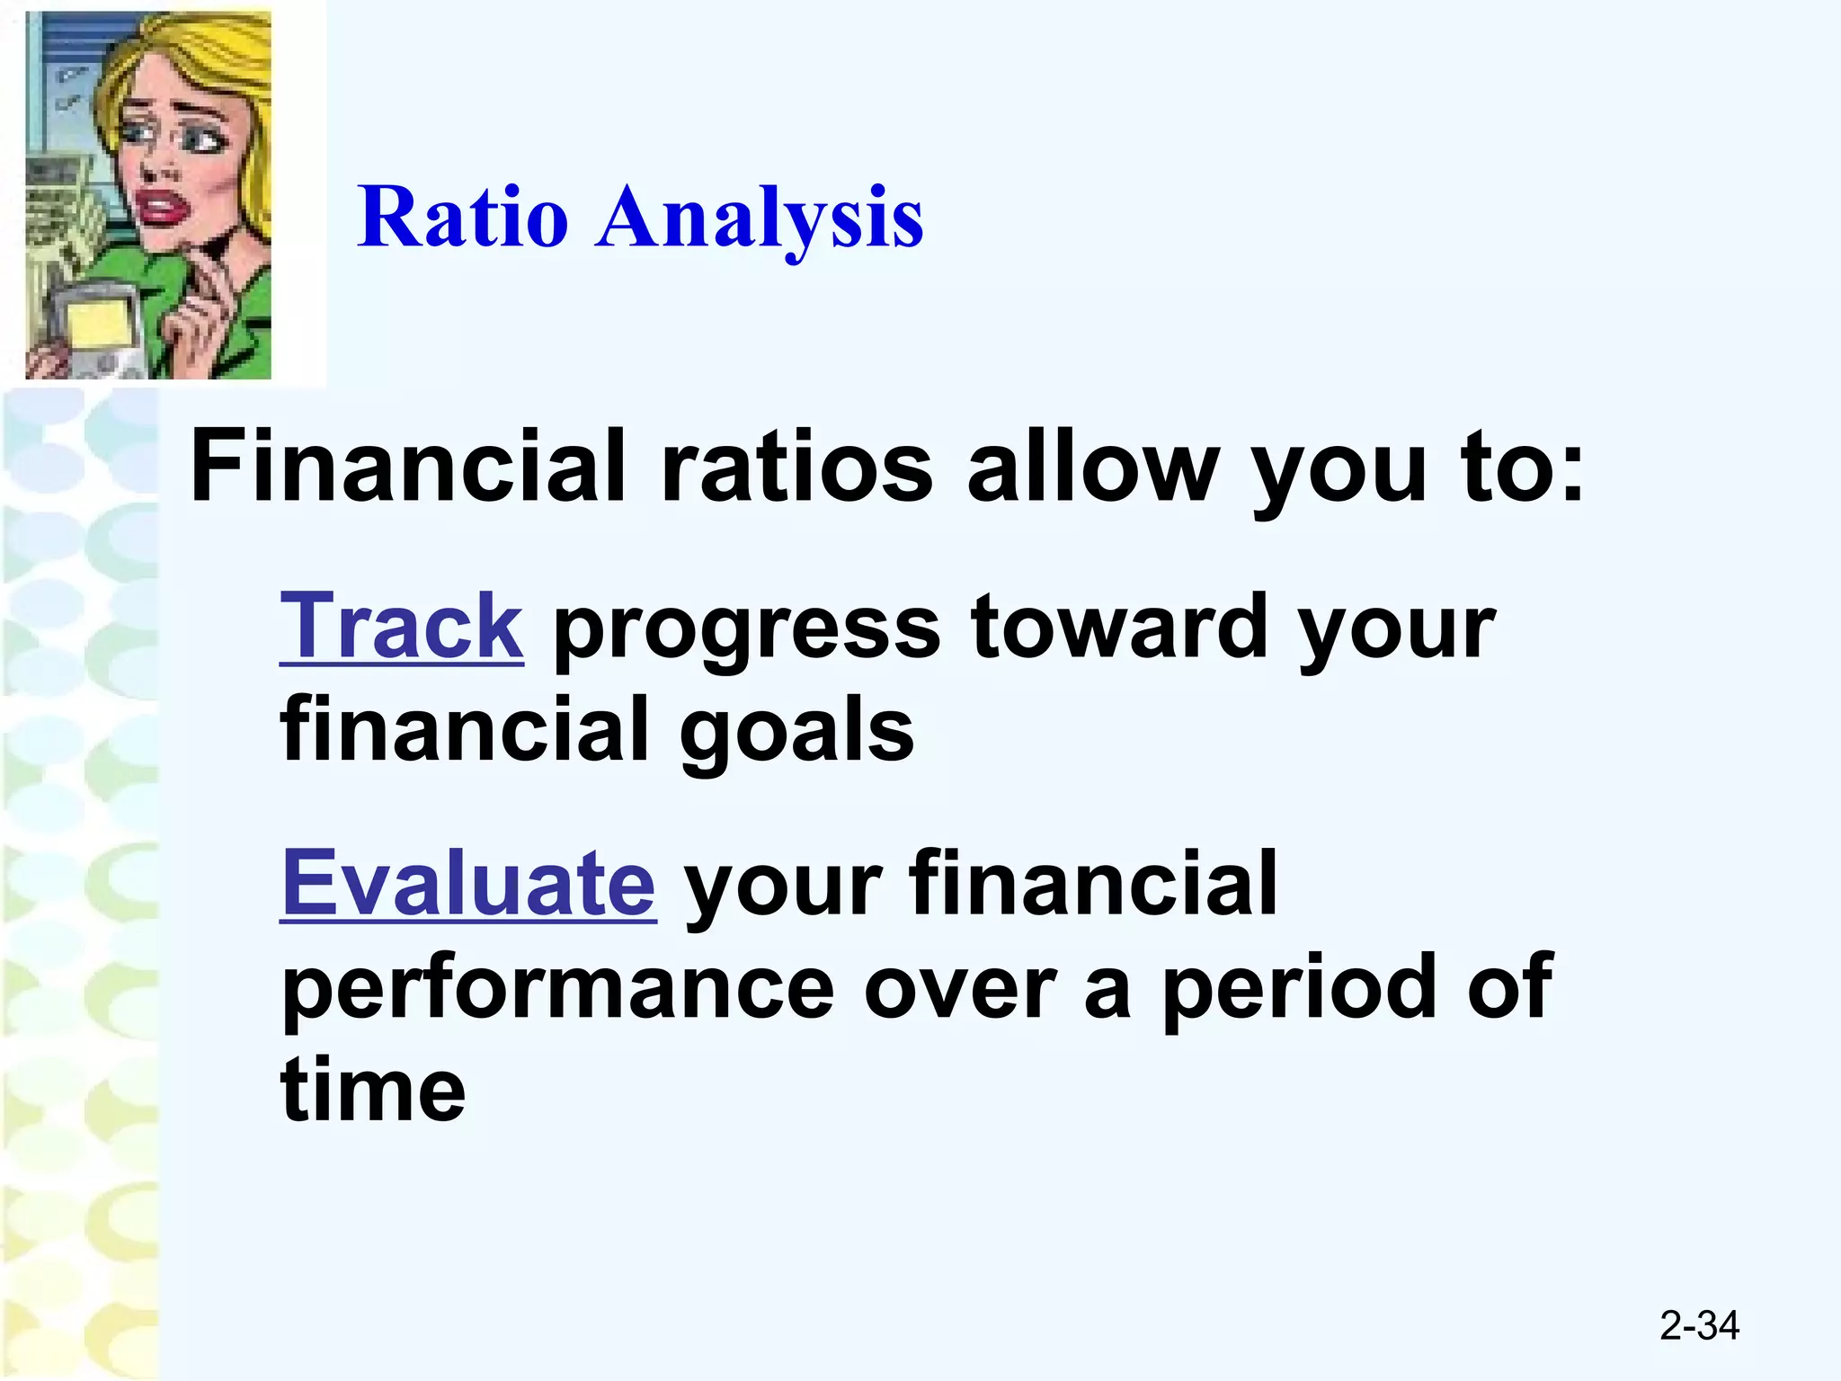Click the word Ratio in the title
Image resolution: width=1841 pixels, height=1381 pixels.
[x=462, y=218]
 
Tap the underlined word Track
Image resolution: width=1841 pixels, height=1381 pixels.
[x=401, y=627]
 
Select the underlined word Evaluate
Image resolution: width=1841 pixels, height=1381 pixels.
[x=468, y=884]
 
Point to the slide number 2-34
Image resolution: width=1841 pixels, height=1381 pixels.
[x=1699, y=1325]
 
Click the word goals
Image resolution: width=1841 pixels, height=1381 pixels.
[x=796, y=730]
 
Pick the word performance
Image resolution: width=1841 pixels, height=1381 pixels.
[x=557, y=989]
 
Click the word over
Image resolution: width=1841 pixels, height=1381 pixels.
[x=959, y=989]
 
